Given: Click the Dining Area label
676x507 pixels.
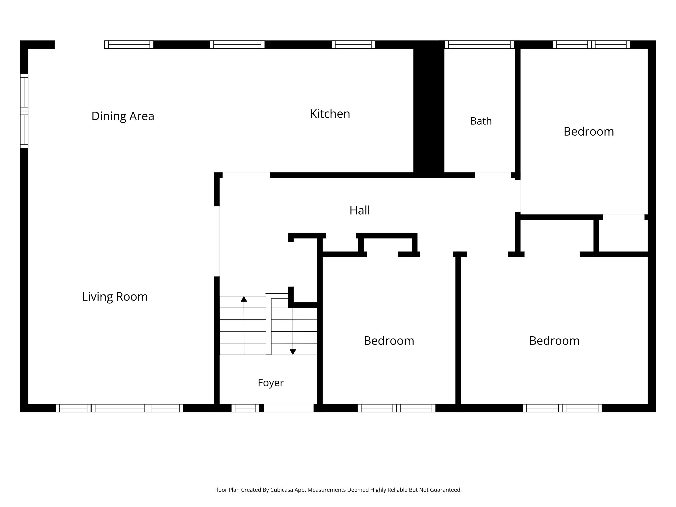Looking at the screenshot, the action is pos(123,116).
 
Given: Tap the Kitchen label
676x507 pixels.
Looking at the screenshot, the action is pos(330,114).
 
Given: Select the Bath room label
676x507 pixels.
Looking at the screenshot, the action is pos(481,121).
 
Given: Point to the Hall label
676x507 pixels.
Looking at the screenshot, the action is pos(360,210).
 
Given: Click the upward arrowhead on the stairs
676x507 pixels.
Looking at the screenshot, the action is pos(244,299).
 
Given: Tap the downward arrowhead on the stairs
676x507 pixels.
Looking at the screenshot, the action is pos(293,352).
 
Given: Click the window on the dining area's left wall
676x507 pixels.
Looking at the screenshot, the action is pos(24,111).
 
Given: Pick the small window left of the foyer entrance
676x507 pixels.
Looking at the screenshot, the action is pos(245,408).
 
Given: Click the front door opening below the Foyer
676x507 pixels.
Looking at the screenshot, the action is pos(289,408).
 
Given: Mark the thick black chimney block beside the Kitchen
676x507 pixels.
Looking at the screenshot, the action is pos(429,109).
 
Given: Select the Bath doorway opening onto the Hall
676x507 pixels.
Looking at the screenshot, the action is pos(493,175).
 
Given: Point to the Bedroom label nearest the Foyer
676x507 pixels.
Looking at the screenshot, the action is pos(389,341).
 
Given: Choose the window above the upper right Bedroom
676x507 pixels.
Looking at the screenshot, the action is pos(591,45).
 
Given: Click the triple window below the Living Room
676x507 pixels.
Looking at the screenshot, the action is pos(120,408).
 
